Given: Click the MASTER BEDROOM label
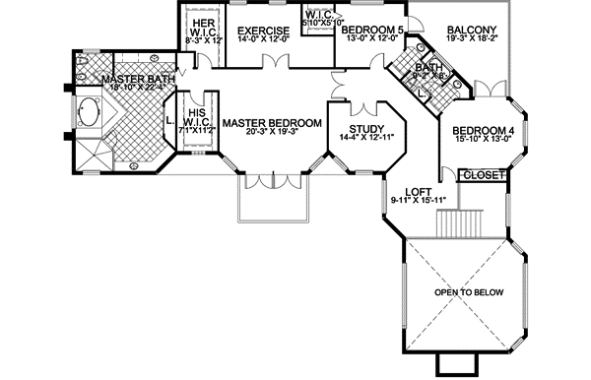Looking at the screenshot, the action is pyautogui.click(x=271, y=123).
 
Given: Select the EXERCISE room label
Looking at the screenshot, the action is pyautogui.click(x=262, y=31).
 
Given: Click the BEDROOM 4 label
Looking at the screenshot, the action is pyautogui.click(x=484, y=130).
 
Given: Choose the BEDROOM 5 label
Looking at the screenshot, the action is pyautogui.click(x=372, y=31).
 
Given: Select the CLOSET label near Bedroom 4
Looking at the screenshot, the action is pyautogui.click(x=484, y=175).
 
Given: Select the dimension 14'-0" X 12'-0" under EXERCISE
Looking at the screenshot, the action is pyautogui.click(x=262, y=42).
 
